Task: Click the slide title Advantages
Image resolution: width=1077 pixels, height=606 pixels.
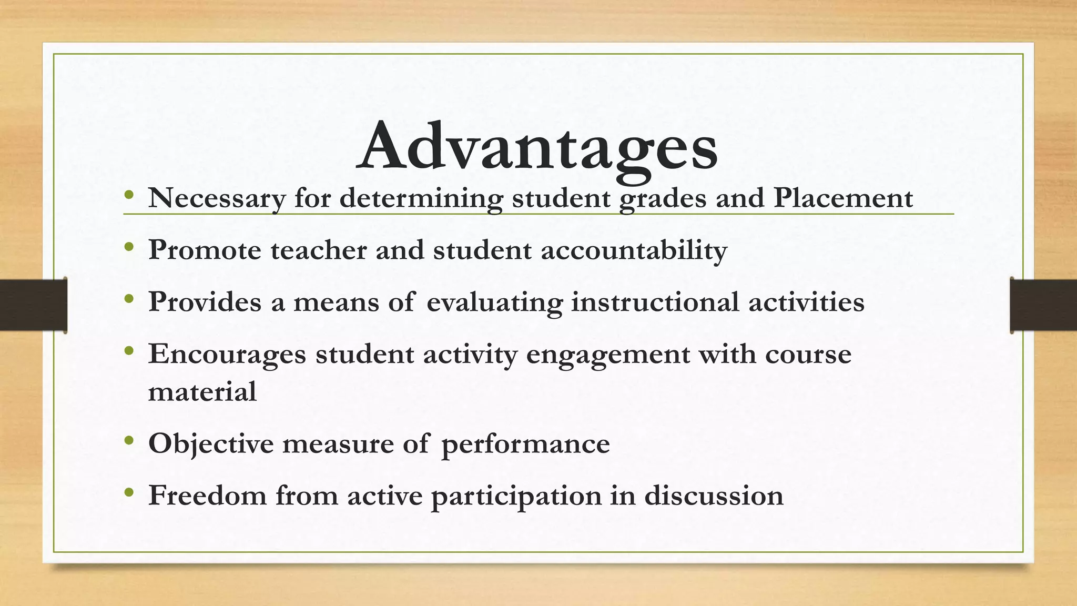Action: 537,146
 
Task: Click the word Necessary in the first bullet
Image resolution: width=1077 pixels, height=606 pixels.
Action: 217,198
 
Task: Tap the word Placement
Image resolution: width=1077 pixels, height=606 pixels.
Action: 843,198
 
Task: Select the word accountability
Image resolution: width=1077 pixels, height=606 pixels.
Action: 634,250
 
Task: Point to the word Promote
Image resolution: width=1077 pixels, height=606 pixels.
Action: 205,250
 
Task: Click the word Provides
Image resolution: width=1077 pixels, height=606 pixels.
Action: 205,302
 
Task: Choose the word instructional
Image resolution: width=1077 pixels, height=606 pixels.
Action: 655,302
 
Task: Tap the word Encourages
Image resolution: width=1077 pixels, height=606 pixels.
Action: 227,353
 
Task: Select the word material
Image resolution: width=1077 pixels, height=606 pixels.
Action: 202,391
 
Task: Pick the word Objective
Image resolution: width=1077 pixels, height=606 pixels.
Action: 211,443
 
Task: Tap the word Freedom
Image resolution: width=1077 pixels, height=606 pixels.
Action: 207,495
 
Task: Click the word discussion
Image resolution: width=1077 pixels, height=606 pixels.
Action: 714,495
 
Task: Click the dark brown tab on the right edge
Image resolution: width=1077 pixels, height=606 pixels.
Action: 1043,305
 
